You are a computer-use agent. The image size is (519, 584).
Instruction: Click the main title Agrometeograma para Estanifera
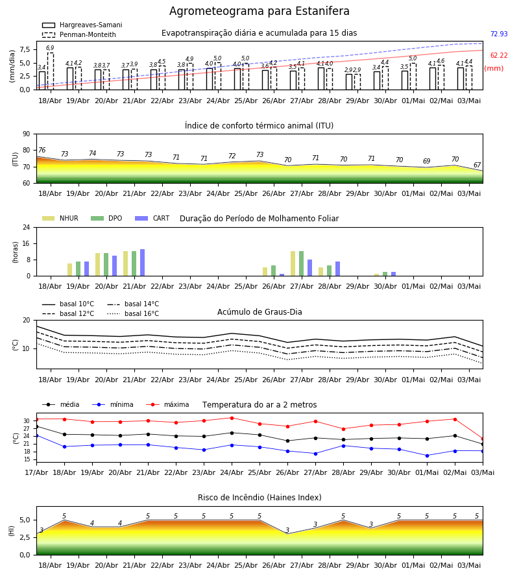click(x=259, y=11)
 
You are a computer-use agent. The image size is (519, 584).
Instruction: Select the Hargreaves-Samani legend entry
click(x=82, y=25)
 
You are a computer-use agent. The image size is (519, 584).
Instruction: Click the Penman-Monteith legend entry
click(x=79, y=34)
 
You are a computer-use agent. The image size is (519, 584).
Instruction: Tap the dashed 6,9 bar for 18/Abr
click(x=50, y=71)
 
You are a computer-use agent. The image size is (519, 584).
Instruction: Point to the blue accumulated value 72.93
click(x=499, y=34)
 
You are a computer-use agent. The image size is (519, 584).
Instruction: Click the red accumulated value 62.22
click(x=499, y=56)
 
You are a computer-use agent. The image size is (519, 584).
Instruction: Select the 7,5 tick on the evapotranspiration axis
click(x=25, y=49)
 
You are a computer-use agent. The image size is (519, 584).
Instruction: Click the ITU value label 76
click(x=42, y=150)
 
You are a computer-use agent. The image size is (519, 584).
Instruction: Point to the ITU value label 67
click(x=477, y=165)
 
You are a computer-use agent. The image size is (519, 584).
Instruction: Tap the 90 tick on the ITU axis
click(x=27, y=134)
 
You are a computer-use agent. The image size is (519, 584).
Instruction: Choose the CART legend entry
click(x=152, y=218)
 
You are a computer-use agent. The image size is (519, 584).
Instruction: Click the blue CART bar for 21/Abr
click(x=142, y=263)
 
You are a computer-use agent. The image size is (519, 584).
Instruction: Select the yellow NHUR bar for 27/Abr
click(x=293, y=263)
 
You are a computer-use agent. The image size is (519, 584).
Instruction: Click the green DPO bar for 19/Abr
click(x=78, y=269)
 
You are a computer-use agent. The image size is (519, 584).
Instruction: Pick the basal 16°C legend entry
click(x=133, y=313)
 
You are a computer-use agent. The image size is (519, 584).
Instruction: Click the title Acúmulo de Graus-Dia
click(x=259, y=311)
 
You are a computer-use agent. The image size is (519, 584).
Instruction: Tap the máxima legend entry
click(x=168, y=404)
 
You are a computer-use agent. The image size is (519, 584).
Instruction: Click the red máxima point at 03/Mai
click(x=483, y=439)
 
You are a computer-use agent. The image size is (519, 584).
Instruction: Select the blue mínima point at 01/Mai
click(x=427, y=456)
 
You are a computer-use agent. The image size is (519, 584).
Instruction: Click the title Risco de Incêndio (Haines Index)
click(x=259, y=498)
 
